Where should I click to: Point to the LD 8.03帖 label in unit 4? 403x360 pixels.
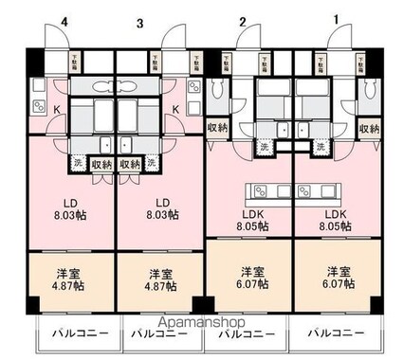click(x=71, y=208)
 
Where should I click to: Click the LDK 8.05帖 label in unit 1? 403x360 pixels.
click(x=339, y=220)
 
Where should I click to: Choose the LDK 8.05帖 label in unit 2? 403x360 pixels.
click(x=251, y=220)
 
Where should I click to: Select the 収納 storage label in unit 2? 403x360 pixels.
click(x=217, y=128)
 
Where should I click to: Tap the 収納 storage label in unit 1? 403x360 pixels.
click(x=371, y=128)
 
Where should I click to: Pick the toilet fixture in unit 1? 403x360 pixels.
click(x=370, y=90)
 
